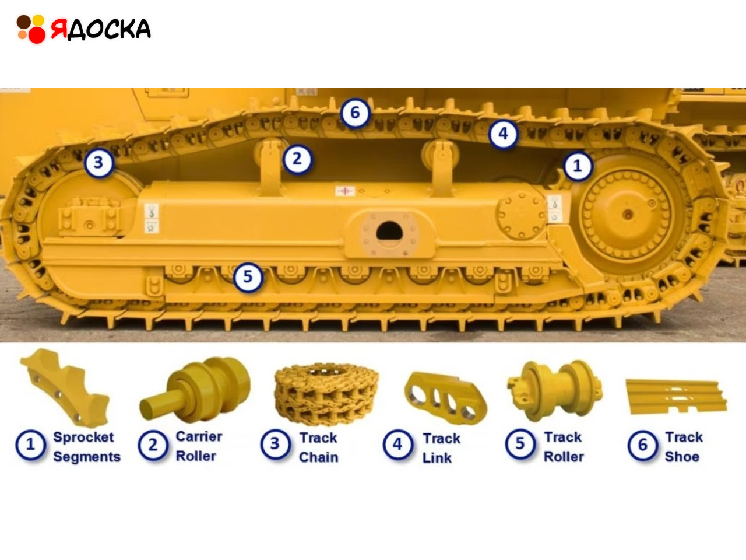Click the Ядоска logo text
point(101,29)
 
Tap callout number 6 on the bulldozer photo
point(355,113)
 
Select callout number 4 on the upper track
point(504,134)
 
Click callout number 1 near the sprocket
point(578,166)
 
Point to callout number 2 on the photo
point(297,159)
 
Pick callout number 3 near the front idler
point(99,163)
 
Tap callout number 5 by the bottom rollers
point(248,276)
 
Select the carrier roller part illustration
point(195,389)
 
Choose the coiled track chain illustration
point(326,394)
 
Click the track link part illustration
point(445,398)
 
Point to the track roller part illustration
point(555,390)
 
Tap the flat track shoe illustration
point(676,397)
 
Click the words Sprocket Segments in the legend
point(87,447)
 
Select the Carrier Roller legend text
point(199,446)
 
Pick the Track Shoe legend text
point(684,447)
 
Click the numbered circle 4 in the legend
point(397,444)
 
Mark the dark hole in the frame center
point(389,231)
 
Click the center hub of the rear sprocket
point(628,214)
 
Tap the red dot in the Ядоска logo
point(36,34)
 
